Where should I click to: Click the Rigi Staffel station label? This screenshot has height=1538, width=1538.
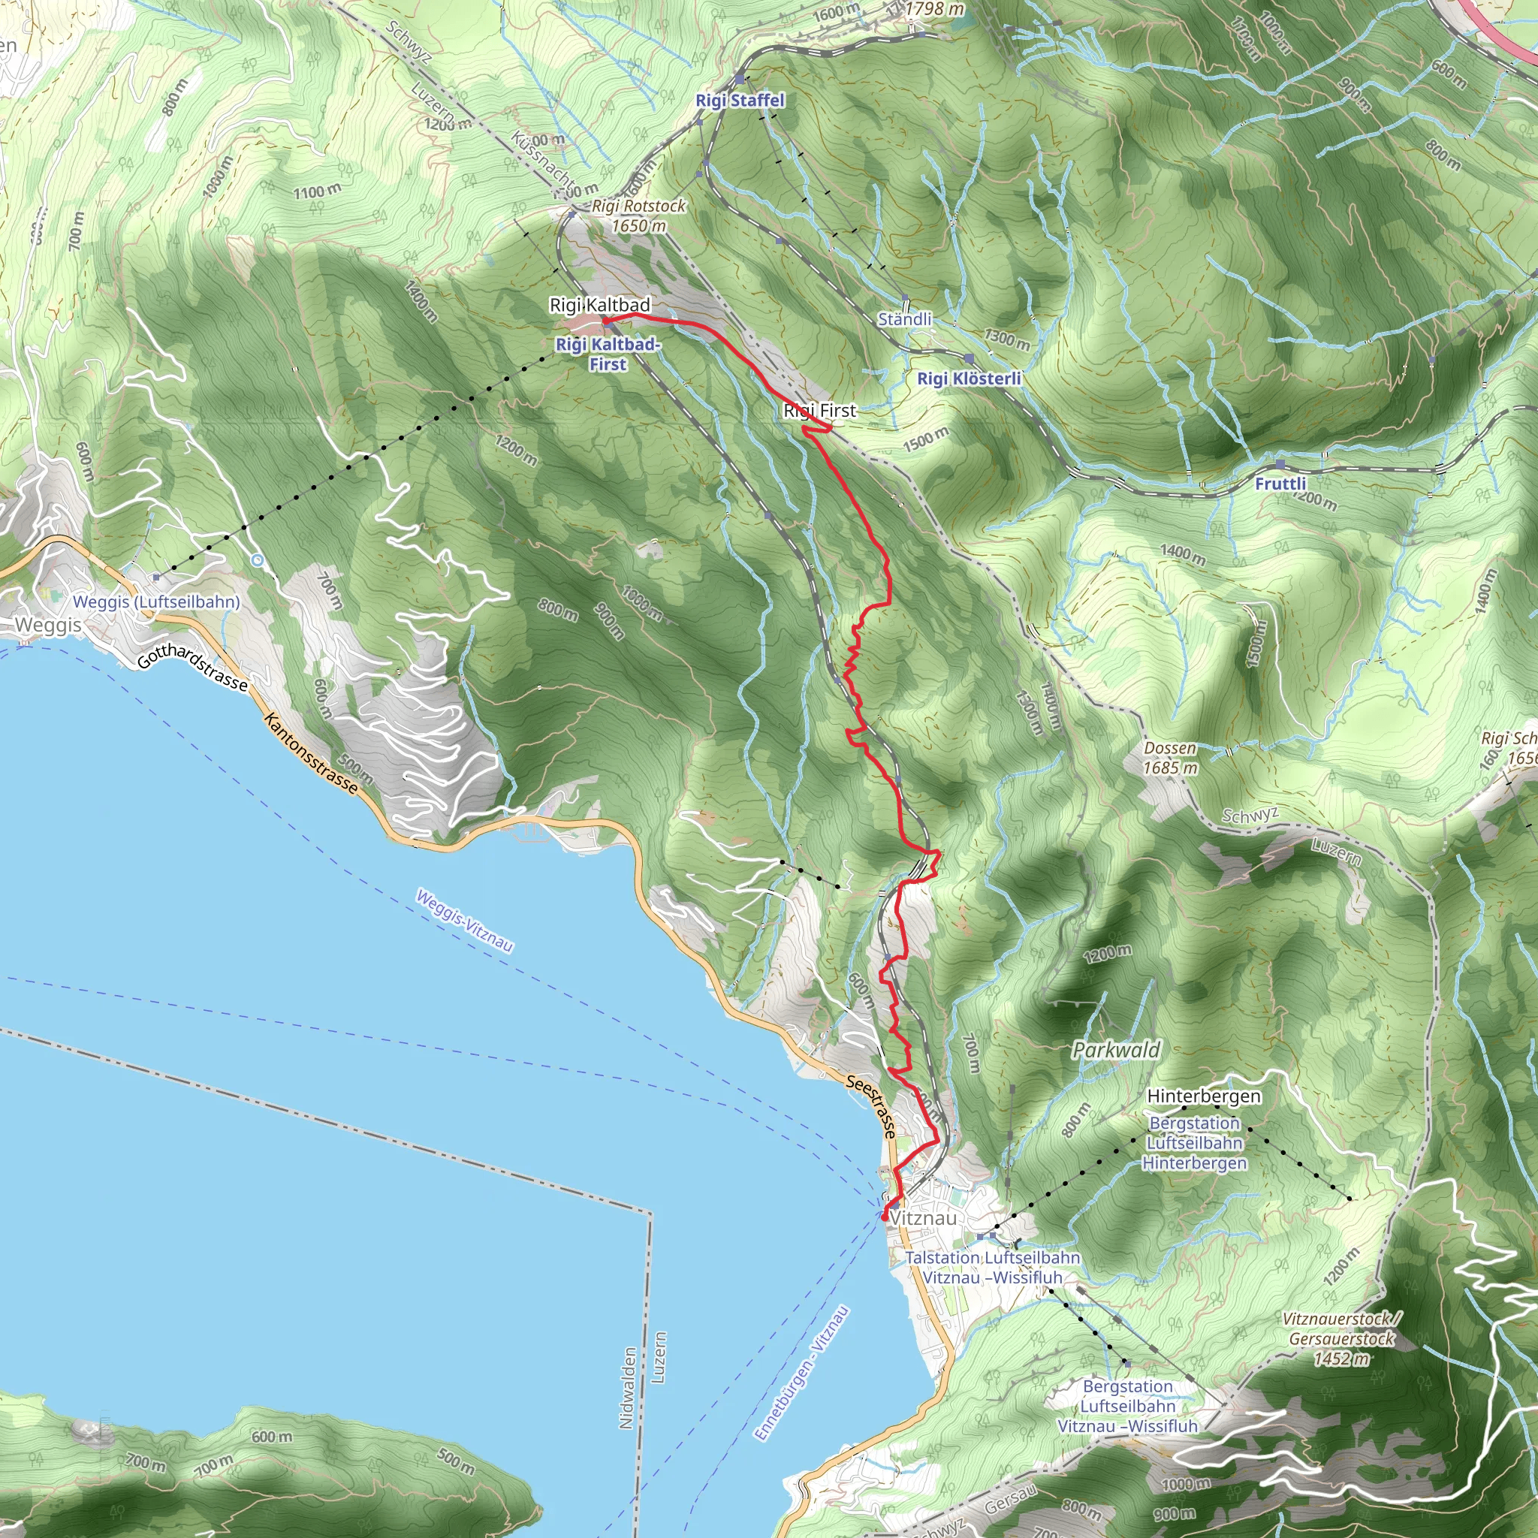click(x=740, y=101)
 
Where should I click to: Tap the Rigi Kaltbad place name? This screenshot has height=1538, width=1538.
click(x=600, y=305)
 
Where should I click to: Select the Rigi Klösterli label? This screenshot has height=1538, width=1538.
click(x=969, y=378)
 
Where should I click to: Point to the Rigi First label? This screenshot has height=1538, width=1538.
click(x=820, y=411)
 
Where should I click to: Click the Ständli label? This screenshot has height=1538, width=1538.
click(x=904, y=319)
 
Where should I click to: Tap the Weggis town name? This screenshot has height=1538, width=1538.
click(x=49, y=625)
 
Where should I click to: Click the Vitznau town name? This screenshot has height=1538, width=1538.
click(x=924, y=1218)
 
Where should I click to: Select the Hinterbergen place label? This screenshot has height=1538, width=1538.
click(x=1203, y=1096)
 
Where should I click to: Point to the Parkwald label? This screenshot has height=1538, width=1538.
click(x=1116, y=1050)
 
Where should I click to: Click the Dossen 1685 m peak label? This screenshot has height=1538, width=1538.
click(x=1170, y=758)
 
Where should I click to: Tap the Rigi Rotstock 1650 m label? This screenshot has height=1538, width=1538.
click(x=638, y=216)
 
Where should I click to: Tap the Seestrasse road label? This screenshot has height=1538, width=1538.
click(x=872, y=1105)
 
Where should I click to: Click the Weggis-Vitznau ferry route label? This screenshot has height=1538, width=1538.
click(x=465, y=920)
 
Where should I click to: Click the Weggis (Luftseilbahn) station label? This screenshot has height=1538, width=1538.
click(x=156, y=602)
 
